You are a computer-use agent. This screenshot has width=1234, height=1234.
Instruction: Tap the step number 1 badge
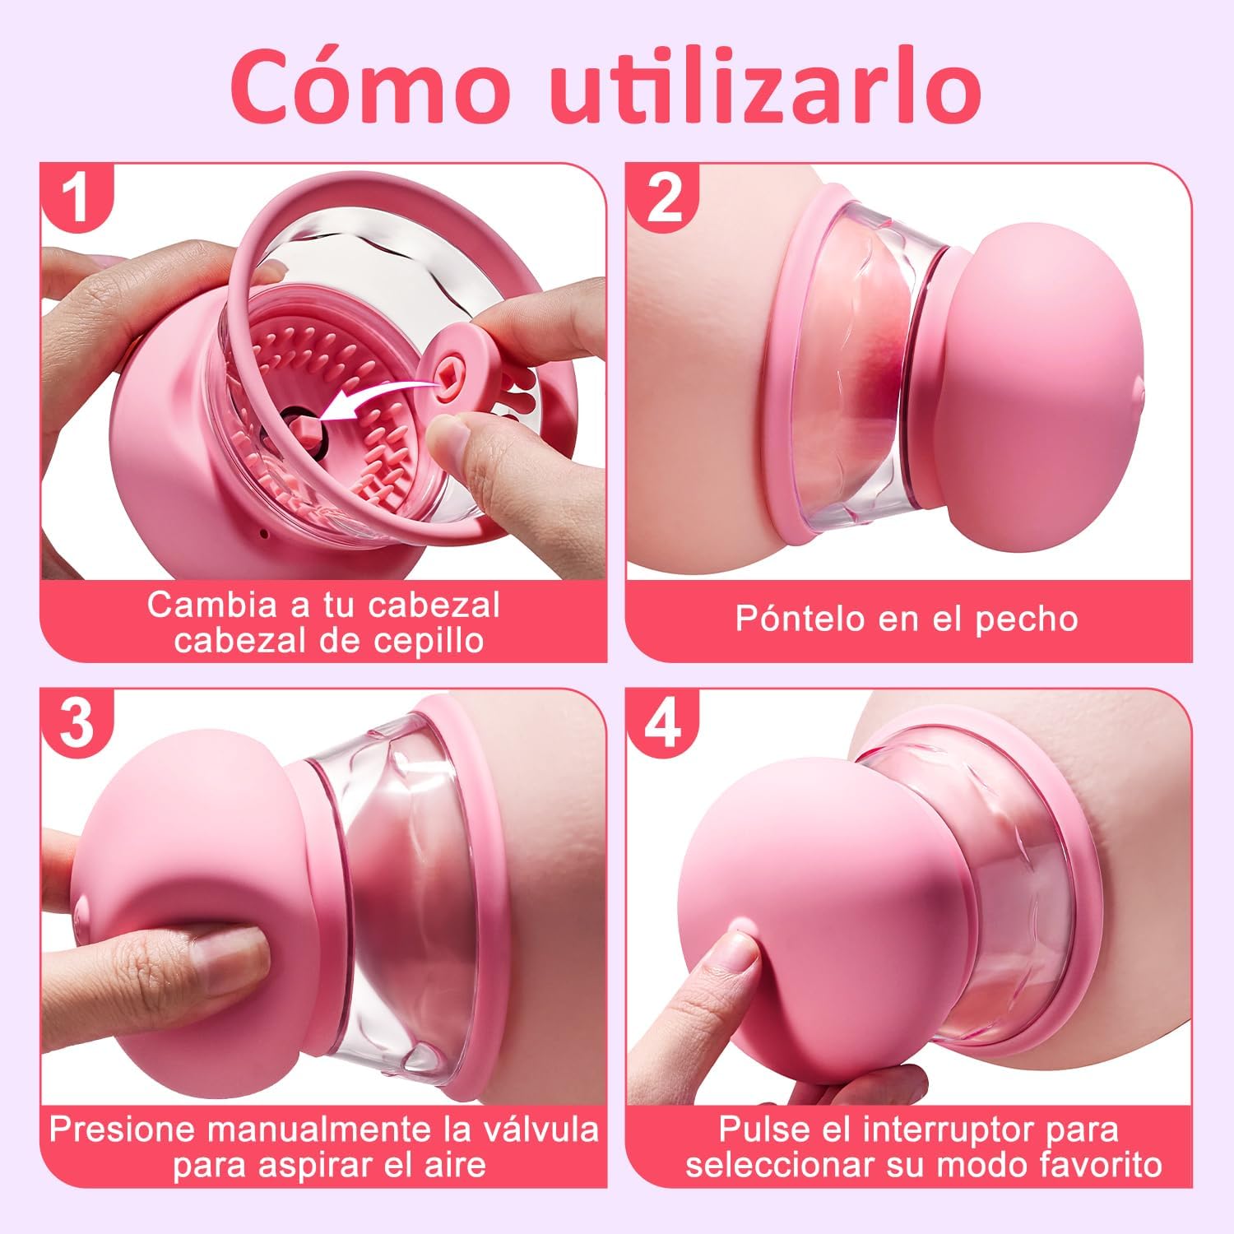pyautogui.click(x=77, y=197)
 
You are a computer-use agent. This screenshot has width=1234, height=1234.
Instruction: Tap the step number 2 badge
pyautogui.click(x=664, y=197)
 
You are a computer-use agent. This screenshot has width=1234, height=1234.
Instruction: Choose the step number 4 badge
pyautogui.click(x=664, y=724)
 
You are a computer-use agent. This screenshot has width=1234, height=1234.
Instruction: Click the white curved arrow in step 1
pyautogui.click(x=370, y=403)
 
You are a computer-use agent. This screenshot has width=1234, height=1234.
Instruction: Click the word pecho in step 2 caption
pyautogui.click(x=1026, y=619)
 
